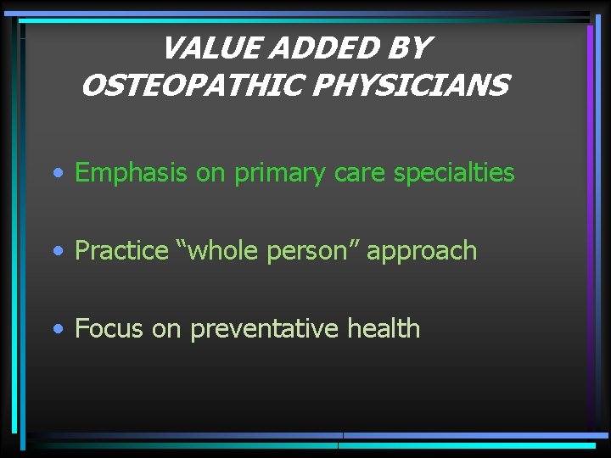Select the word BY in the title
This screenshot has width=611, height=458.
pos(409,49)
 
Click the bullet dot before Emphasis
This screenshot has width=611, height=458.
pos(56,174)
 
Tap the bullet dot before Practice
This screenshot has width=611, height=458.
pos(56,252)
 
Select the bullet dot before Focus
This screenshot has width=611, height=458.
pos(56,329)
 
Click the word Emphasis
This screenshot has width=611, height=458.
pos(131,173)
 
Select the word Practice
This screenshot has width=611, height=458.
pos(121,251)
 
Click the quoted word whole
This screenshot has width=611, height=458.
pos(219,251)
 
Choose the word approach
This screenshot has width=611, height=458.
pos(422,252)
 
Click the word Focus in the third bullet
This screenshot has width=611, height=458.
pos(109,328)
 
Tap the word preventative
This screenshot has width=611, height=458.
pos(265,329)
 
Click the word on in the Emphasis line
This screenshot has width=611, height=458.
pos(210,174)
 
